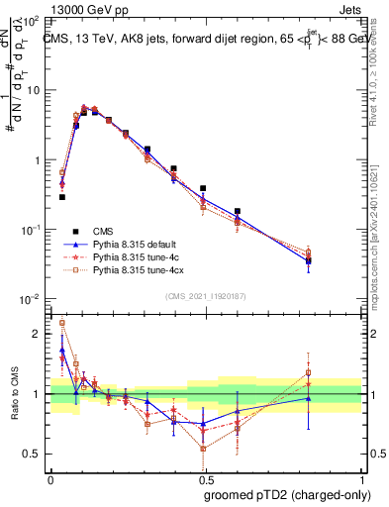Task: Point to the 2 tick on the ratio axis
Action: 39,334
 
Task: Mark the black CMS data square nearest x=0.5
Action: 203,188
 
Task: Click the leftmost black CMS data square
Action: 62,197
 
